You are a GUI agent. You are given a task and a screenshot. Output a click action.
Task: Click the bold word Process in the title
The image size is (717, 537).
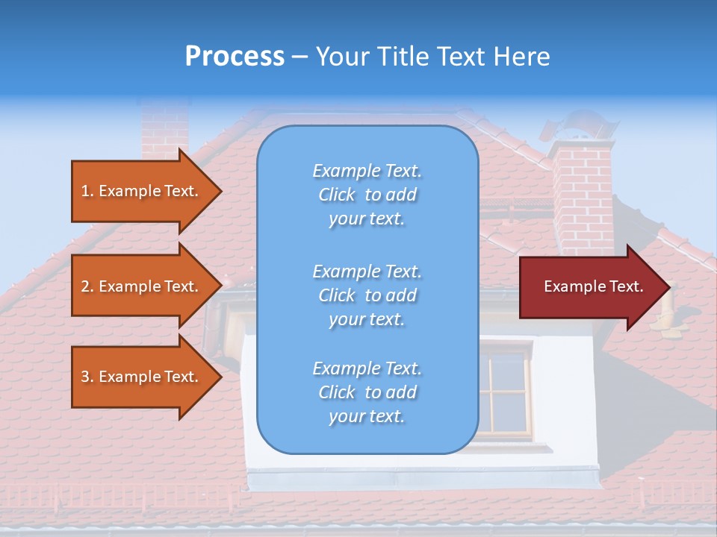pyautogui.click(x=235, y=57)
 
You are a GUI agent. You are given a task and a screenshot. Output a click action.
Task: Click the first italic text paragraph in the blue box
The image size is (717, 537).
pyautogui.click(x=367, y=195)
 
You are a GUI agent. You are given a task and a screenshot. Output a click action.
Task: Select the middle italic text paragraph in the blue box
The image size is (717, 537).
pyautogui.click(x=367, y=295)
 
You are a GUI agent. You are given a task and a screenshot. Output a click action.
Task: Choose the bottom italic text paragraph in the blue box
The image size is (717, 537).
pyautogui.click(x=367, y=392)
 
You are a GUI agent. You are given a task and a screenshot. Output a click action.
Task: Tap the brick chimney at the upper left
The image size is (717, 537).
pyautogui.click(x=164, y=131)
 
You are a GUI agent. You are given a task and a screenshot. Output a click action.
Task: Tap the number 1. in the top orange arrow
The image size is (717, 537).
pyautogui.click(x=87, y=191)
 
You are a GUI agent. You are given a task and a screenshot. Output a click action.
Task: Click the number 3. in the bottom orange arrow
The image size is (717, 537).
pyautogui.click(x=87, y=377)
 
